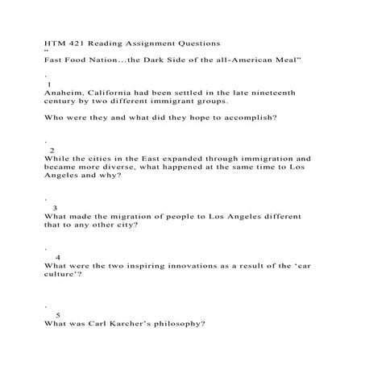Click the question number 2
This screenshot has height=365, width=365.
52,150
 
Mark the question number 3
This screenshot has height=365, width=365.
54,207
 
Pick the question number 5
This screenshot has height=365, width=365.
58,313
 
